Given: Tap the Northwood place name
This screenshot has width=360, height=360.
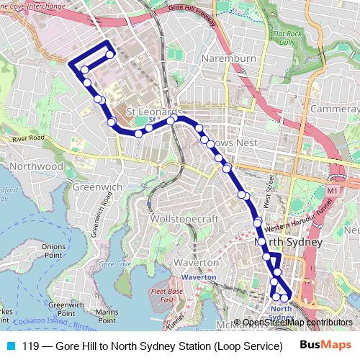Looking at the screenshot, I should pyautogui.click(x=38, y=166).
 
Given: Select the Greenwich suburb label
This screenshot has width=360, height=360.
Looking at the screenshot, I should pyautogui.click(x=97, y=186).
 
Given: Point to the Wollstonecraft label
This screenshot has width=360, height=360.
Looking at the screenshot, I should pyautogui.click(x=182, y=217).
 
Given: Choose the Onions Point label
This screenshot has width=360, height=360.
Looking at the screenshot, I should pyautogui.click(x=53, y=251).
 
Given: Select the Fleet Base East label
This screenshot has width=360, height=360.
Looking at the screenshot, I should pyautogui.click(x=166, y=295).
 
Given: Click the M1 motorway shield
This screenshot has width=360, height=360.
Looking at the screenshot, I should pyautogui.click(x=331, y=190).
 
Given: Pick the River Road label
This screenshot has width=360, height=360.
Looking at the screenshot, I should pyautogui.click(x=28, y=138).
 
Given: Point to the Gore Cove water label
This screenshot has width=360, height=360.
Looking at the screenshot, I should pyautogui.click(x=114, y=264).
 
